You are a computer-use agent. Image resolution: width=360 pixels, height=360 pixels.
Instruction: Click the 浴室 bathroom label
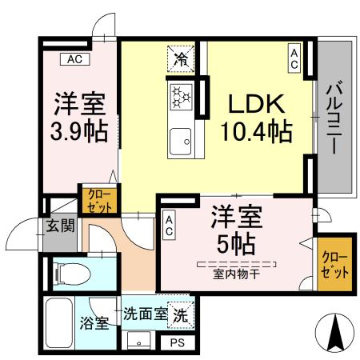click(x=94, y=324)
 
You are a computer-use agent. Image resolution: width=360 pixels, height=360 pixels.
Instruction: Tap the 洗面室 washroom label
click(x=145, y=314)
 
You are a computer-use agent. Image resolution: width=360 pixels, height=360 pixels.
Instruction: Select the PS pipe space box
click(x=176, y=342)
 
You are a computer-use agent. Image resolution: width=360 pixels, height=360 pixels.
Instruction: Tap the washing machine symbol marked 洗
click(x=182, y=315)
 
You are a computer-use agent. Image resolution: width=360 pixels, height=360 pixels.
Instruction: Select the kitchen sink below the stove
click(x=180, y=141)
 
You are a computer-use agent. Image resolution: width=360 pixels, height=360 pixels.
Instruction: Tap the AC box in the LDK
click(x=294, y=58)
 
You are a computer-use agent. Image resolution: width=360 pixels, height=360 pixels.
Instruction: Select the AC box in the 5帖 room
click(x=170, y=224)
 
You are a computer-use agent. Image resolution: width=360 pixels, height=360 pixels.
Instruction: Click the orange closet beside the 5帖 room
click(x=330, y=263)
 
